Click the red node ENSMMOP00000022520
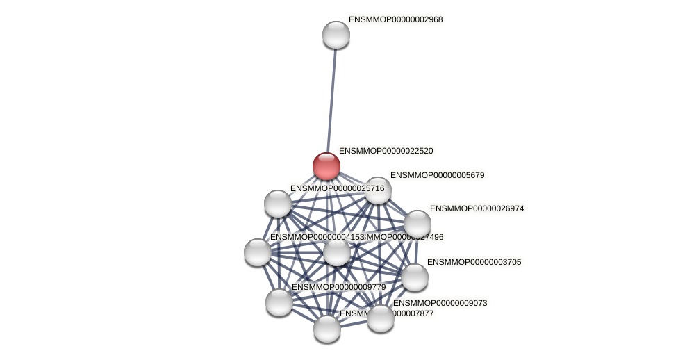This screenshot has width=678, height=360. pos(326,166)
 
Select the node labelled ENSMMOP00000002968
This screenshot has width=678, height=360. pos(336,35)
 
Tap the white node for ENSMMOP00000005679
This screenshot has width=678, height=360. pos(378,190)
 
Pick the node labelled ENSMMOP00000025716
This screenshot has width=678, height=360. pos(278,204)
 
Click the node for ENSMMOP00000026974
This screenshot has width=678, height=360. pos(417,224)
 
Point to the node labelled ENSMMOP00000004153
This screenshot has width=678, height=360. pos(258,252)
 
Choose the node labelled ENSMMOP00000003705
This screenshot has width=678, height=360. pos(415,277)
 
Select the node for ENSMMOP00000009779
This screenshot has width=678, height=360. pos(279,302)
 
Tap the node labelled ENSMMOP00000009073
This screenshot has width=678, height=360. pos(381,318)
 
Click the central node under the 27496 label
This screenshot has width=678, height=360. pos(337,252)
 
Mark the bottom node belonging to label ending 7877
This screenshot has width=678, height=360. pos(327,329)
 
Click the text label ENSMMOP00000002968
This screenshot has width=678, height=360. pos(395,19)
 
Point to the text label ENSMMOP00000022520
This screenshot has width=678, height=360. pos(386,151)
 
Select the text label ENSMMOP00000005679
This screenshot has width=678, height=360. pos(437,175)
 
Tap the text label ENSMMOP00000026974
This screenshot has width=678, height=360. pos(477,208)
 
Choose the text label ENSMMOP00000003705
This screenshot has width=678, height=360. pos(474,262)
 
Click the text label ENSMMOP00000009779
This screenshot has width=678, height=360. pos(338,287)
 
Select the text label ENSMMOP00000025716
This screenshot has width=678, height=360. pos(337,188)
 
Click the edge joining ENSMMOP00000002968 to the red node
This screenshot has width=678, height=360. pos(331,97)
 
